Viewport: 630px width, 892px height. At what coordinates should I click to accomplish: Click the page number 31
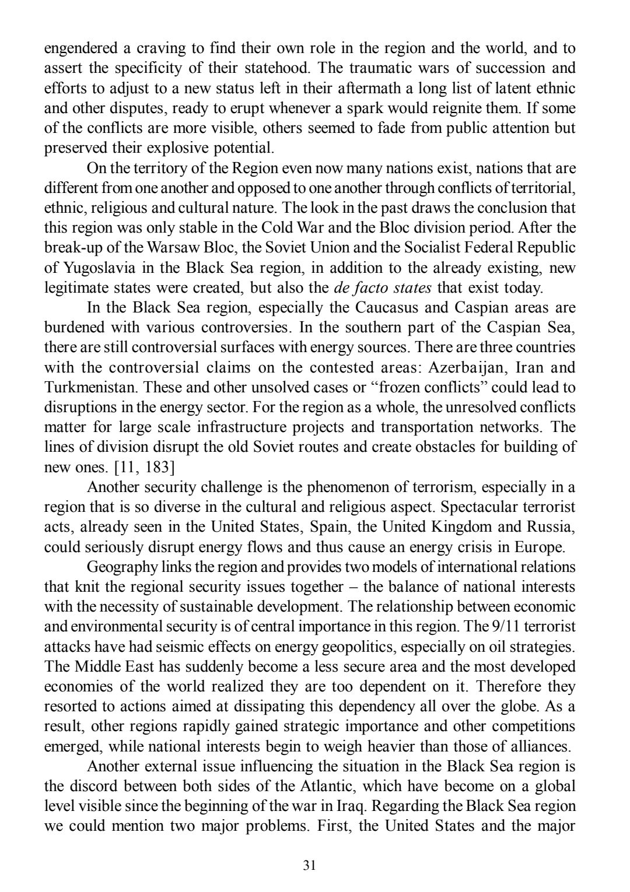(x=310, y=865)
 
